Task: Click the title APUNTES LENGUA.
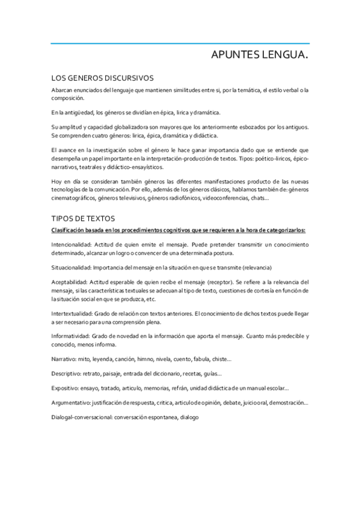pos(260,56)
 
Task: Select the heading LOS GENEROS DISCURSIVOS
pos(102,78)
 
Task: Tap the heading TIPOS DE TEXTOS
pos(83,218)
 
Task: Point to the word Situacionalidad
pos(70,267)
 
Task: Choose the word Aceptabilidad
pos(68,282)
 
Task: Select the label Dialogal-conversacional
pos(81,417)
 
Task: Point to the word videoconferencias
pos(224,198)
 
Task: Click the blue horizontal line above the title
pos(180,44)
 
